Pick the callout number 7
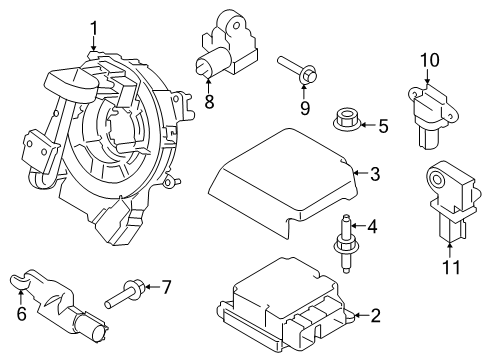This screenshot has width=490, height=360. [167, 288]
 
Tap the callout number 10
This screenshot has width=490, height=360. [429, 61]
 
